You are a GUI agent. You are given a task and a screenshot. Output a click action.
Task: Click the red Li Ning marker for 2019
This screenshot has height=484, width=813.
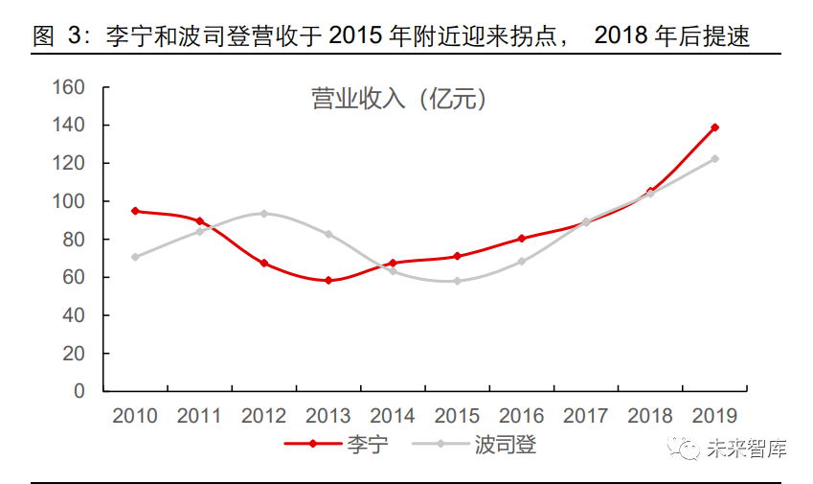[714, 127]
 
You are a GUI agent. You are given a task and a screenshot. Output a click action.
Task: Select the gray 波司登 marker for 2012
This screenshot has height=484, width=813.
[263, 214]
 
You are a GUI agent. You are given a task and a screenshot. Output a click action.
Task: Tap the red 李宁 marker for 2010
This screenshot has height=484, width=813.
[135, 211]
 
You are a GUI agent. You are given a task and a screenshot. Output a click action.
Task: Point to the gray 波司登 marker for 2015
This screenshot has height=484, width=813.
[457, 281]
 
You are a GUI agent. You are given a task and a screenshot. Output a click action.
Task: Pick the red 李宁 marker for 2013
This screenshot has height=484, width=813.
[328, 281]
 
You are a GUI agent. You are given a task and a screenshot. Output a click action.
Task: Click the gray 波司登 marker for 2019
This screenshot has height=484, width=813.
[714, 159]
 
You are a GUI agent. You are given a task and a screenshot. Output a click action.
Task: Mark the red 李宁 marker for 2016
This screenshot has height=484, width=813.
[521, 239]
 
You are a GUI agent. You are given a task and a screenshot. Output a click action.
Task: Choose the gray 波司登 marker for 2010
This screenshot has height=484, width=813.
[135, 257]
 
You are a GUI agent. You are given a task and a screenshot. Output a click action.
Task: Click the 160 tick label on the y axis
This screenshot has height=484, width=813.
[70, 88]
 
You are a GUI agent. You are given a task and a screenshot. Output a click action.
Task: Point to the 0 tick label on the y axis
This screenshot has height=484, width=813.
[80, 392]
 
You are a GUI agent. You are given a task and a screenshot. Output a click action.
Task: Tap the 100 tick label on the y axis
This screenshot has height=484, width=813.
[70, 202]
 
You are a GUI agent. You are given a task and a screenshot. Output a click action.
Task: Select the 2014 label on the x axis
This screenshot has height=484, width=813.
[392, 416]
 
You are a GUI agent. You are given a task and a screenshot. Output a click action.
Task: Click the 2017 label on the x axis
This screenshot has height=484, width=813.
[585, 416]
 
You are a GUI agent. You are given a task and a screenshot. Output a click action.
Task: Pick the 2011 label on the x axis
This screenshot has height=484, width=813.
[199, 416]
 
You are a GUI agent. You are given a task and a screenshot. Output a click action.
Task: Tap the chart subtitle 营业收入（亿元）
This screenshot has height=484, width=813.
[399, 100]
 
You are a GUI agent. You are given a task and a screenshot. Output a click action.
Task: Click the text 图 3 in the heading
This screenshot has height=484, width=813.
[57, 37]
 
